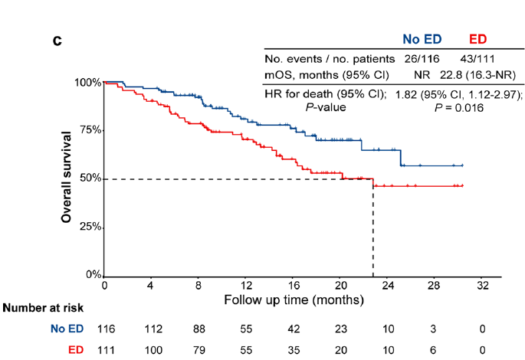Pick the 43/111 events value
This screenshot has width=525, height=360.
(479, 58)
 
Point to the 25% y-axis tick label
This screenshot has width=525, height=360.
(90, 227)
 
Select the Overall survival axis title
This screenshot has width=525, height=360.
(67, 177)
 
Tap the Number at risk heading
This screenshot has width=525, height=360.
(43, 309)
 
